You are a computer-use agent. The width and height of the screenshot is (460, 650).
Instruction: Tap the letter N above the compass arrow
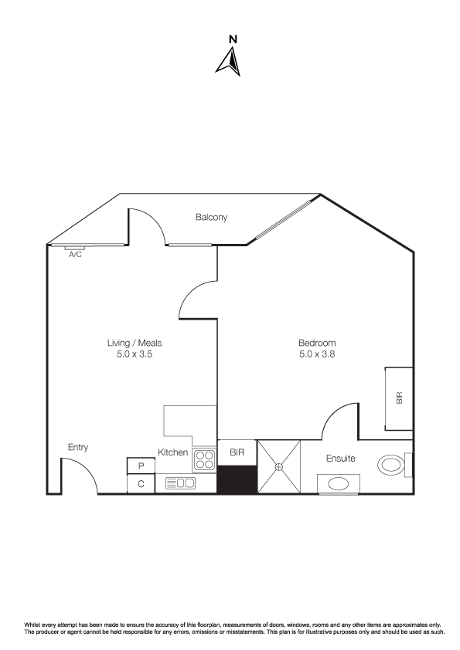point(233,39)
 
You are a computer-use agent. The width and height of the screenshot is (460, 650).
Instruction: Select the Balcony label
point(211,217)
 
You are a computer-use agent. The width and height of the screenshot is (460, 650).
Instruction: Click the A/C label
point(75,255)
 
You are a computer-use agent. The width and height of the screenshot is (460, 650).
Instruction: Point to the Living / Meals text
point(135,344)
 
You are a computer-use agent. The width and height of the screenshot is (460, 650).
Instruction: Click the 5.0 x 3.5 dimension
point(135,354)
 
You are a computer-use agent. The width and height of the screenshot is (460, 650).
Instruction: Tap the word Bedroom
point(317,343)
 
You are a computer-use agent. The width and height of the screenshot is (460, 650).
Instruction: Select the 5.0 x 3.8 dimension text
point(317,354)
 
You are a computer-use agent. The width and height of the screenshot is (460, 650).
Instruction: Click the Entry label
point(78,447)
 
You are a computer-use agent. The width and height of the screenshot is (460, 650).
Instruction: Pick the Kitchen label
point(172,452)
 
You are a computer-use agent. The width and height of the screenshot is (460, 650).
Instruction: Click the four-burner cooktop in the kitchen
point(204,460)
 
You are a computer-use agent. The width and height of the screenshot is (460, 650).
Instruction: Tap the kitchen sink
point(180,483)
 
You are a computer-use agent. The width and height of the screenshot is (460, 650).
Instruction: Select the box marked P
point(141,466)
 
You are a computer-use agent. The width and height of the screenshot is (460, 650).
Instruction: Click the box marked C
point(141,484)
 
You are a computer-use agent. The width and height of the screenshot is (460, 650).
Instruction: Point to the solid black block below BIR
point(237,479)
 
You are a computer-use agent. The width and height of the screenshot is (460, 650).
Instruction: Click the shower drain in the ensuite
point(278,467)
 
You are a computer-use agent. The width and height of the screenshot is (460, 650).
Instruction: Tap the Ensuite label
point(340,459)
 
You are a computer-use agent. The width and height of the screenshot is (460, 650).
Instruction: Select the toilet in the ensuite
point(394,465)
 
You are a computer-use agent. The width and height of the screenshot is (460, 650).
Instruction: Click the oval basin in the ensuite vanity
point(338,484)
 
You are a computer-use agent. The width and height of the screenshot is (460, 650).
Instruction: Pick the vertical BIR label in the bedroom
point(400,398)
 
